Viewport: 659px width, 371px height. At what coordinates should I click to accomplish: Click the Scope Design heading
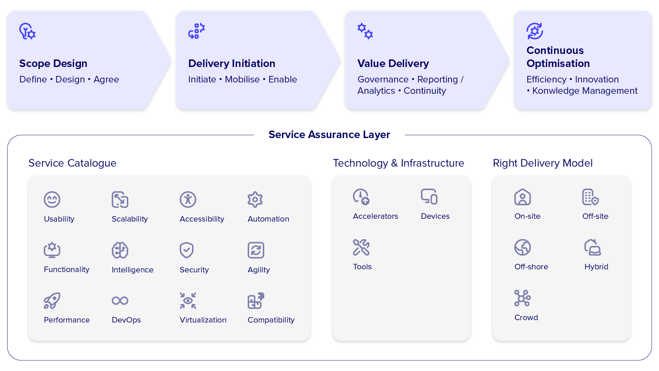(x=53, y=64)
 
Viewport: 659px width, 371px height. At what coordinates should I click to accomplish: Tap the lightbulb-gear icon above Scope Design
(x=27, y=31)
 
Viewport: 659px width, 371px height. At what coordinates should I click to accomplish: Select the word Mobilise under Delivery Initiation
(x=242, y=79)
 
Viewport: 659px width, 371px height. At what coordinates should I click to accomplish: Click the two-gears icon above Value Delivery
(x=365, y=31)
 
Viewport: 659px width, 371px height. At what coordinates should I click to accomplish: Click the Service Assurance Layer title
(x=329, y=135)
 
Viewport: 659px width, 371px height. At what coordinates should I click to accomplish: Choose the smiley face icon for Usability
(x=52, y=200)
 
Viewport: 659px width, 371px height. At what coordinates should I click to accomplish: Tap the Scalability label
(x=130, y=219)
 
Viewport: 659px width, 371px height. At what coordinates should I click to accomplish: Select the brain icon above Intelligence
(x=120, y=250)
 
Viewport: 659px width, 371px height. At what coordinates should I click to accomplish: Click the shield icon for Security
(x=187, y=250)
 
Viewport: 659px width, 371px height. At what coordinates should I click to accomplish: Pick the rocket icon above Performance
(x=52, y=301)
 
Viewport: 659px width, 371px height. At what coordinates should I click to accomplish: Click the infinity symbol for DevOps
(x=120, y=301)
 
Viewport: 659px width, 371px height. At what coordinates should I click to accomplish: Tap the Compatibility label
(x=271, y=320)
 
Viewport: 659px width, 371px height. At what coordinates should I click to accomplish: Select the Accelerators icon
(x=361, y=197)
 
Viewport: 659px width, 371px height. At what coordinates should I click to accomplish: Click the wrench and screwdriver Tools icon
(x=361, y=247)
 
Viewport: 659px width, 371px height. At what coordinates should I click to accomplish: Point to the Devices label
(x=435, y=216)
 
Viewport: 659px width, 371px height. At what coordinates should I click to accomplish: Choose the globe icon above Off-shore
(x=522, y=247)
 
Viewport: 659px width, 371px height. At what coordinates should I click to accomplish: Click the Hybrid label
(x=596, y=267)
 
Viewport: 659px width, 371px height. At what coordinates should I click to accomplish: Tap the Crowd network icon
(x=522, y=298)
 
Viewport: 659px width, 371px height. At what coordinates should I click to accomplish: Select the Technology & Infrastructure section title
(x=398, y=163)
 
